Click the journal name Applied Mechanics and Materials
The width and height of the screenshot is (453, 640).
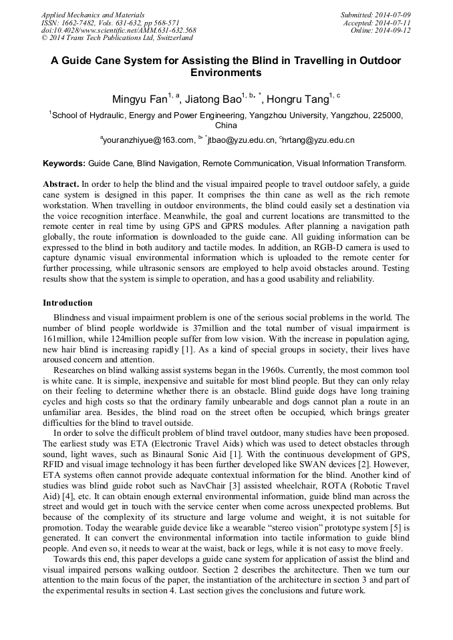93,14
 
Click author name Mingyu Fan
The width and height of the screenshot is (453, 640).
140,100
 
